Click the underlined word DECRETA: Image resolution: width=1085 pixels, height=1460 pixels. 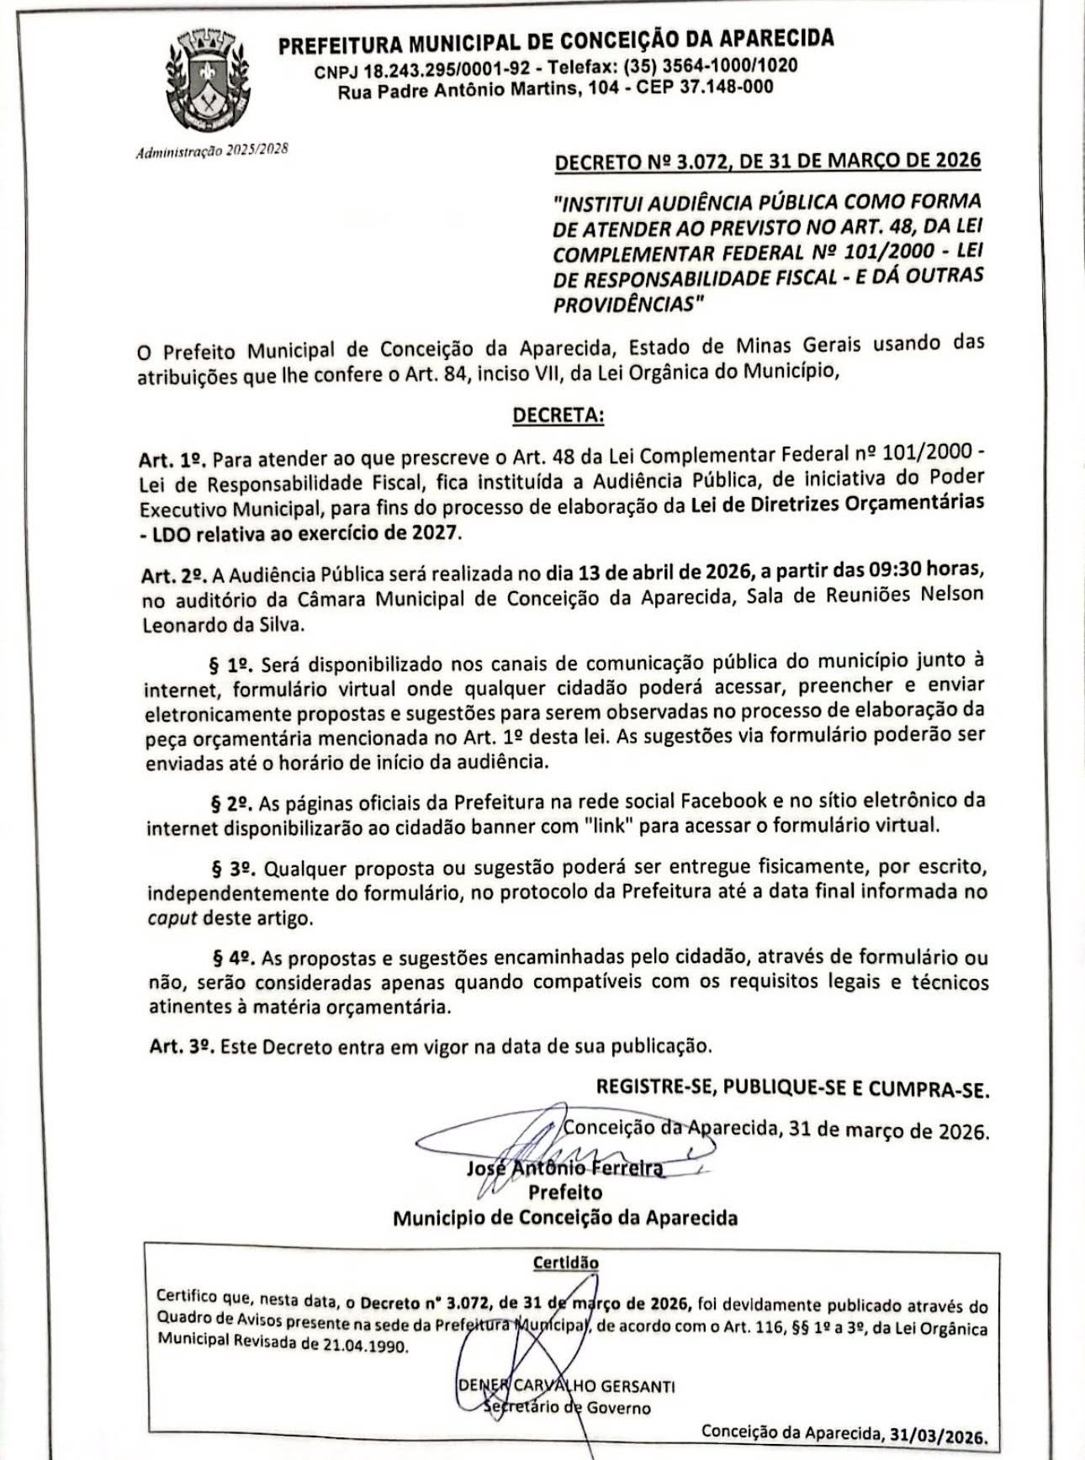(x=558, y=416)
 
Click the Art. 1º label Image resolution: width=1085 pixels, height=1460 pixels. (x=172, y=460)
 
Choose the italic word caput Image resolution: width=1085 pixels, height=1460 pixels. (x=172, y=918)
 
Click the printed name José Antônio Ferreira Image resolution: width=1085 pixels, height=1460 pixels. (x=564, y=1169)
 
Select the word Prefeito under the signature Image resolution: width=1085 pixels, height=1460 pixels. (x=564, y=1193)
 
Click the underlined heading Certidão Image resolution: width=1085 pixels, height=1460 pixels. (x=565, y=1262)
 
